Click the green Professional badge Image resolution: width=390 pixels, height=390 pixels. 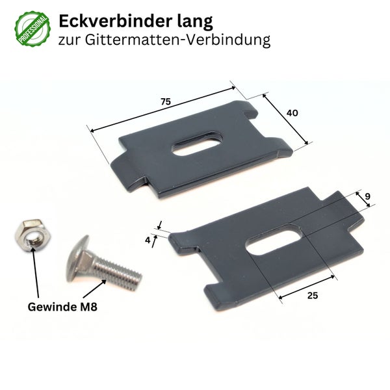[30, 29]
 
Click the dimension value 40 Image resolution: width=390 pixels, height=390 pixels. [292, 112]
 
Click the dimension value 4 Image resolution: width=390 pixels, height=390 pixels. [148, 240]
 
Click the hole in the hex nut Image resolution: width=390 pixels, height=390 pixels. [31, 234]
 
